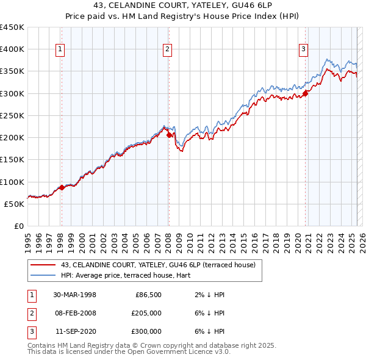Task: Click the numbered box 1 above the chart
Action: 61,50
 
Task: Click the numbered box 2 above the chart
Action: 168,50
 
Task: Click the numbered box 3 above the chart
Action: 304,50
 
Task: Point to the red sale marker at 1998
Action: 62,188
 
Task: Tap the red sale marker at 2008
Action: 169,135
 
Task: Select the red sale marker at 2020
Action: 306,93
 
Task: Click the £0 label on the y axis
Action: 18,226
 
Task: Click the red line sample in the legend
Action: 42,265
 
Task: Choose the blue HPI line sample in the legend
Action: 42,275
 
